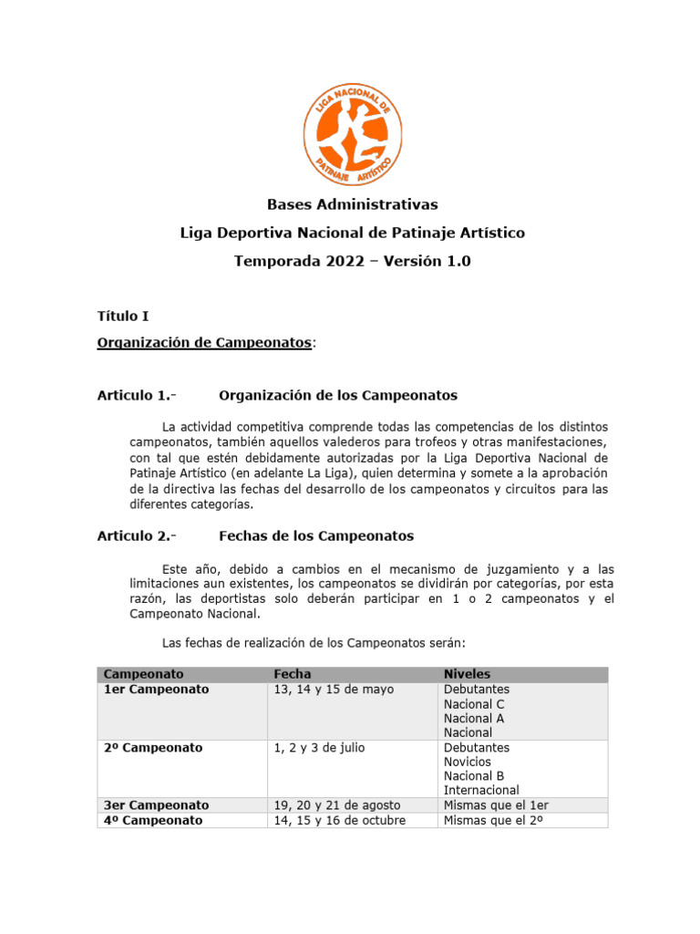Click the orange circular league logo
point(351,133)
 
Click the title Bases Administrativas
point(352,203)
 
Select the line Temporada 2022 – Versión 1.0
point(352,261)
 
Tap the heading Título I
point(123,317)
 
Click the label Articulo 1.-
point(137,396)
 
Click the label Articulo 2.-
point(137,535)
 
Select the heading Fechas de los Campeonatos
point(316,535)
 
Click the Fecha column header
point(293,674)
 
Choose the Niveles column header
point(468,674)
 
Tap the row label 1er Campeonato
point(156,690)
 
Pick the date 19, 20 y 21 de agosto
point(337,805)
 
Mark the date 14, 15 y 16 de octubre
point(340,820)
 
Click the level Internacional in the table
point(481,790)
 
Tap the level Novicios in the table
point(468,762)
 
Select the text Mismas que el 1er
point(495,805)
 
